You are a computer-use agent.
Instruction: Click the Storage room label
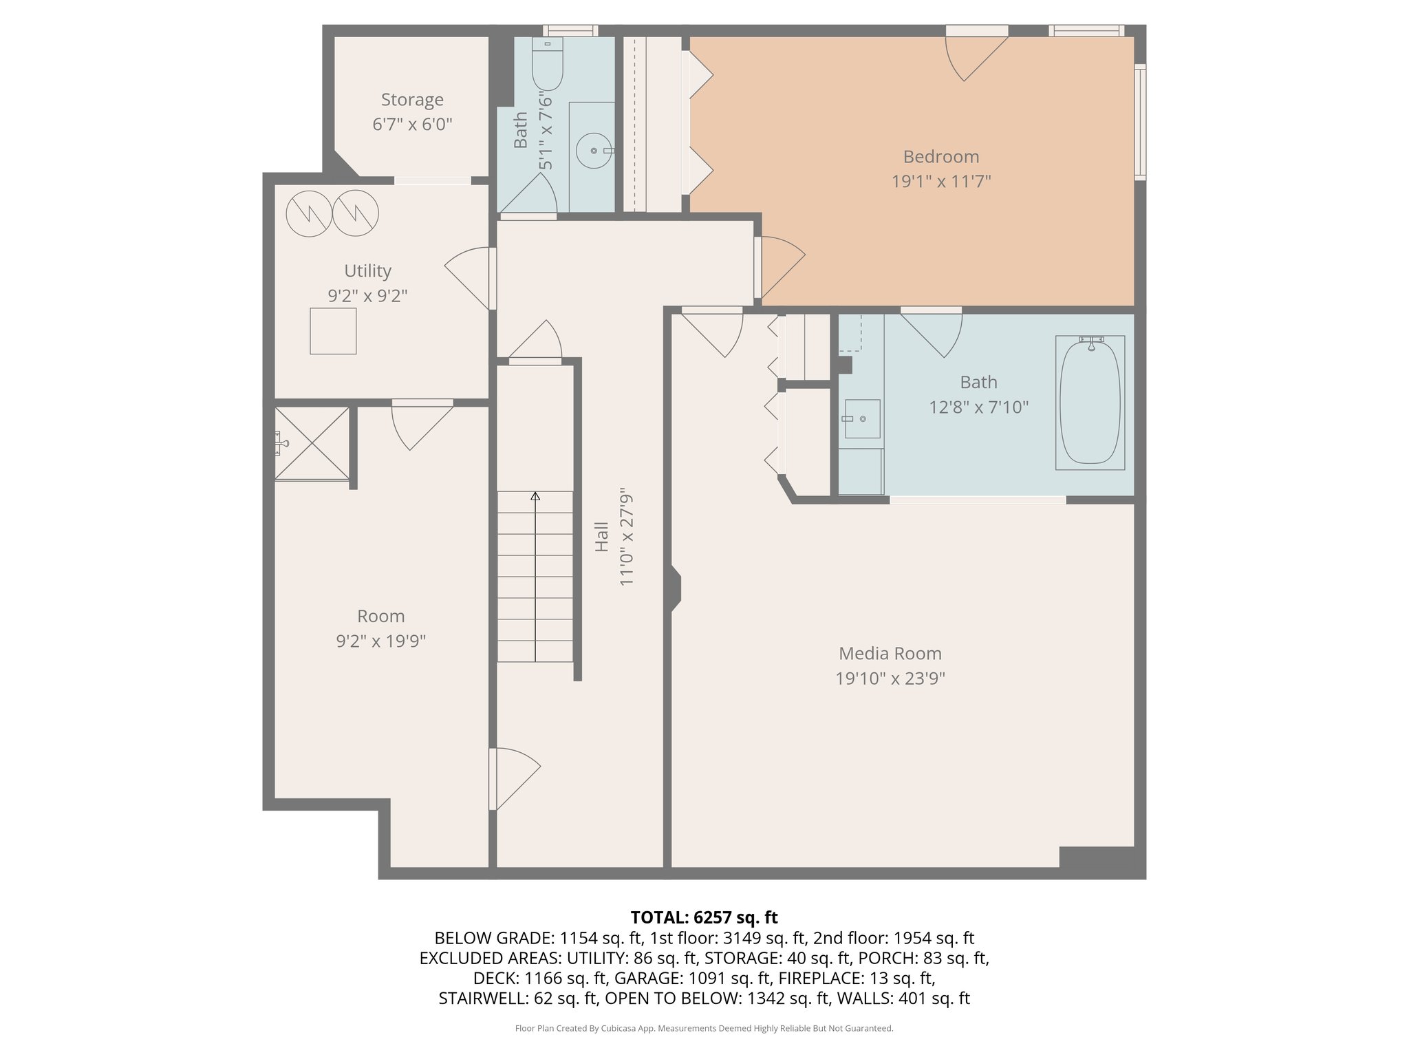coord(412,100)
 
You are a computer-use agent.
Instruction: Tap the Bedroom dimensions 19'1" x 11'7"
coord(940,182)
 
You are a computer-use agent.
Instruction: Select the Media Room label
coord(890,654)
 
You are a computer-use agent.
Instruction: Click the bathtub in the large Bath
coord(1090,403)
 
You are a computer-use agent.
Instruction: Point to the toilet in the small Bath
coord(548,65)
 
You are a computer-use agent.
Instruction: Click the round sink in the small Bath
coord(594,151)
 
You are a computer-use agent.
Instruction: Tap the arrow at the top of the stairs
coord(535,496)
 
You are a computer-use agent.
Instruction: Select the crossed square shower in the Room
coord(312,443)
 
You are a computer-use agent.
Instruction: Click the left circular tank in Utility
coord(309,214)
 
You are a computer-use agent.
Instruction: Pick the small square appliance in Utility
coord(333,331)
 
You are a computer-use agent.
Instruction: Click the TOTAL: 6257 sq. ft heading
coord(704,917)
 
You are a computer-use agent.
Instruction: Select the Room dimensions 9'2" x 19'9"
coord(380,641)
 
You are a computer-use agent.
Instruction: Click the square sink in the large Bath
coord(862,418)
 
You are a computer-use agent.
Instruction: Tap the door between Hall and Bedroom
coord(779,265)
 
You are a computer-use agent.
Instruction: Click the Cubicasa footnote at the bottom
coord(704,1029)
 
